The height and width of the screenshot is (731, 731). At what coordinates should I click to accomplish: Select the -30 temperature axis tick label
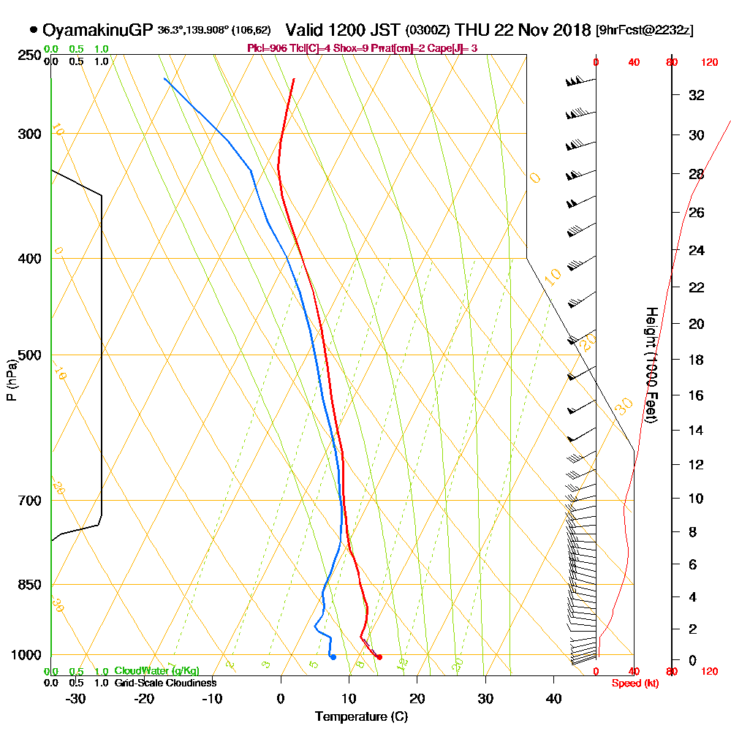tap(76, 699)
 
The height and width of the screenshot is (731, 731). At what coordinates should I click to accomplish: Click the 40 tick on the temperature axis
tap(553, 699)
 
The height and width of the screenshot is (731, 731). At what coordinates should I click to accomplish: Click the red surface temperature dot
tap(379, 657)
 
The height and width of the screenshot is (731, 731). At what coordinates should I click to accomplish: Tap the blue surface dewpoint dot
tap(333, 657)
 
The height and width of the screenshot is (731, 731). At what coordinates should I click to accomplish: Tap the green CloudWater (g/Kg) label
tap(156, 671)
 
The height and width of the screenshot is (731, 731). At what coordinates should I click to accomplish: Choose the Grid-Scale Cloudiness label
tap(164, 683)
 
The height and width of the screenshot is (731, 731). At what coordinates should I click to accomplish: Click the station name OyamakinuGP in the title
tap(98, 30)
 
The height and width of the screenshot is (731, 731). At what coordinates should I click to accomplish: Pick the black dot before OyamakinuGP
tap(34, 30)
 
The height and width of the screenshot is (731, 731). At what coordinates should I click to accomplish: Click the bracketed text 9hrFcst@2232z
tap(645, 31)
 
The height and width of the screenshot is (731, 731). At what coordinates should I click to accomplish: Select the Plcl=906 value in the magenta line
tap(268, 48)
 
